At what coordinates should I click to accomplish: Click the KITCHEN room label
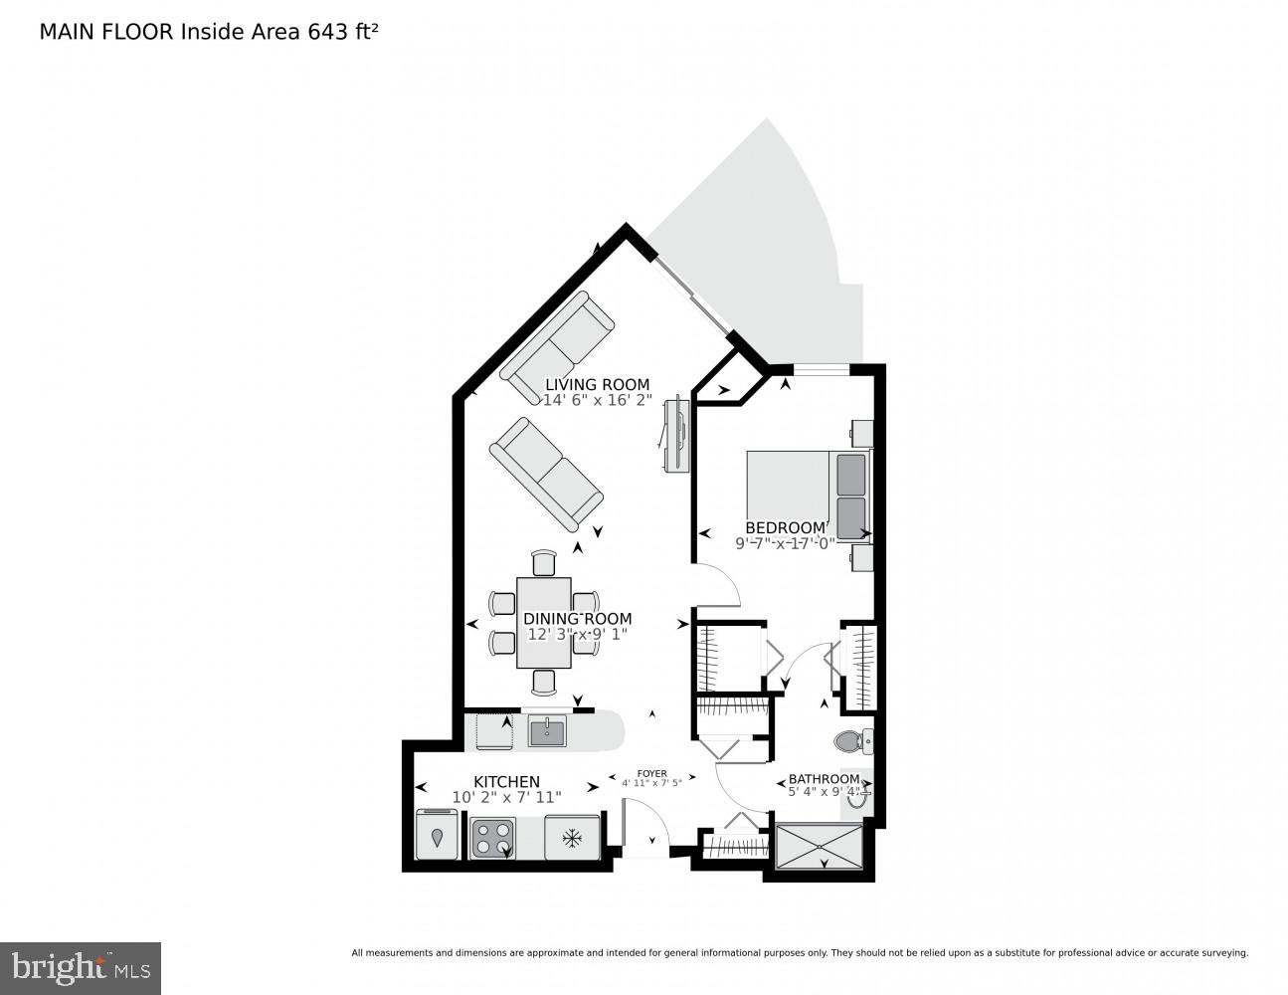[506, 782]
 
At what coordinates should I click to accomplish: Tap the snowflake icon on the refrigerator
[572, 838]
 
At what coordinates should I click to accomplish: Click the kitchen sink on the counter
[547, 732]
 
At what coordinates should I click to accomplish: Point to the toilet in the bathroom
[849, 741]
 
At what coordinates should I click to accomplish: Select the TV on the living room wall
[678, 434]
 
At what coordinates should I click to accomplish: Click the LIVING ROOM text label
[597, 384]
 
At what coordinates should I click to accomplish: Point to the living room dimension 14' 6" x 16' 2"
[597, 400]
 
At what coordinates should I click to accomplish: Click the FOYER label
[651, 772]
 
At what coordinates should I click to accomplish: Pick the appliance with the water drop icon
[438, 836]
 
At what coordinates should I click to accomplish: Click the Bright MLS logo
[81, 968]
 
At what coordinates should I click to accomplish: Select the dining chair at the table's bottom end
[543, 681]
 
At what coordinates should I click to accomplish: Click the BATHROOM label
[824, 779]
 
